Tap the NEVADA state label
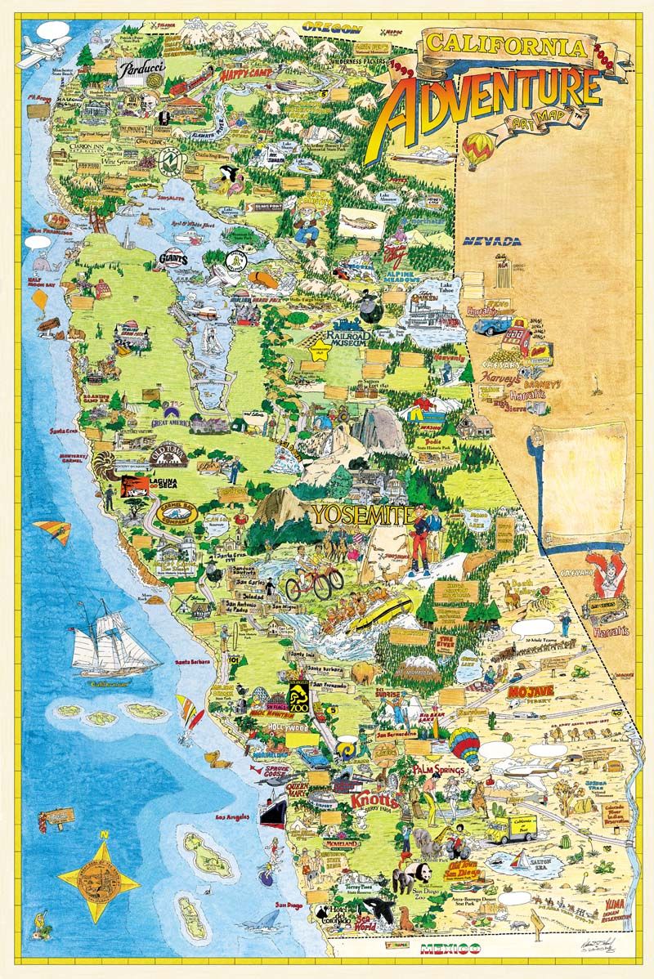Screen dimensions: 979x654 coord(491,241)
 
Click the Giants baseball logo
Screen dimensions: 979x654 coord(172,259)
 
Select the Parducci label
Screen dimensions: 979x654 coord(141,72)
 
